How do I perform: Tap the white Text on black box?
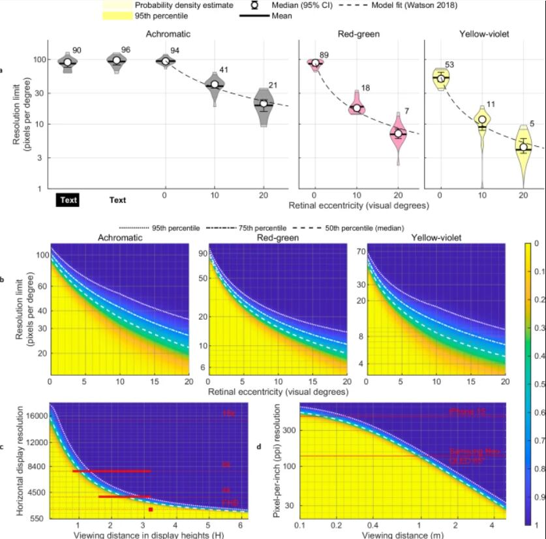(x=68, y=200)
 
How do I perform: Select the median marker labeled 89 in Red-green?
(x=315, y=63)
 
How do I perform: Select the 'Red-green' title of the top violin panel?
(x=356, y=33)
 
